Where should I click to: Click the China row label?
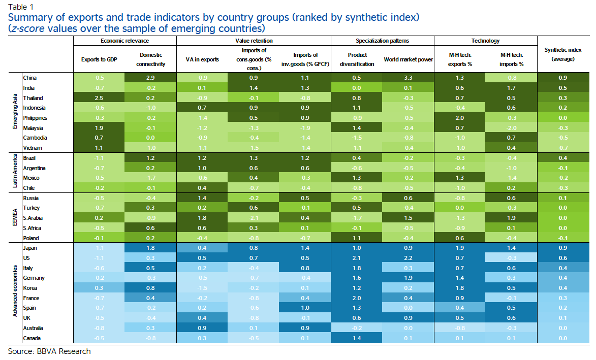click(x=29, y=78)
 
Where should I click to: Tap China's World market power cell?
click(x=407, y=78)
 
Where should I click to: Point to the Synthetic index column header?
click(x=563, y=54)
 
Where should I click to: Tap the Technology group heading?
click(x=485, y=41)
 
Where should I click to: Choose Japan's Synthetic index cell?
click(x=563, y=248)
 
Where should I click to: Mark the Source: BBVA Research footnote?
click(x=49, y=351)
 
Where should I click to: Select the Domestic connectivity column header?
click(x=151, y=59)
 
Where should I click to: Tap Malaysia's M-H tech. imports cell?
click(x=511, y=128)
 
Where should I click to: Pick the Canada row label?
click(x=32, y=338)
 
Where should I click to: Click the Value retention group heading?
click(x=254, y=41)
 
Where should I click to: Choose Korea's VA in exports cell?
click(x=202, y=288)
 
